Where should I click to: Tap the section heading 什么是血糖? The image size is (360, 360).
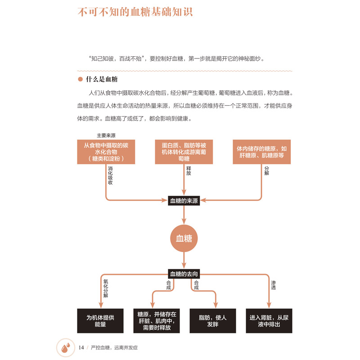pos(101,80)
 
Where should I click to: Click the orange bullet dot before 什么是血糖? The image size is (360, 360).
pos(81,80)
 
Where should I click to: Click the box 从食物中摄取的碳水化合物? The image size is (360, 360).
pos(106,152)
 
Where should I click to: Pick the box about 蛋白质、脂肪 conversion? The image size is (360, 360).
pos(184,152)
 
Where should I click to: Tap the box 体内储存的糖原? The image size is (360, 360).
pos(261,152)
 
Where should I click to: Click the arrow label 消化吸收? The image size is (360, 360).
pos(110,176)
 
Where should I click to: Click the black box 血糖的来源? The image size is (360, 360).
pos(184,201)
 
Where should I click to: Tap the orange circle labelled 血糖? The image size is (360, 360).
pos(184,239)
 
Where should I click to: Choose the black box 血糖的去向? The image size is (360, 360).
pos(184,274)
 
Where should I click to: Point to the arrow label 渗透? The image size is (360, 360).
pos(273,285)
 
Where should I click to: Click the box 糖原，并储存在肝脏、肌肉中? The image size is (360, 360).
pos(157,321)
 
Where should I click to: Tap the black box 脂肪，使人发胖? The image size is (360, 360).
pos(212,321)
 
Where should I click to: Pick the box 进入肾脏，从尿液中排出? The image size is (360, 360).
pos(268,321)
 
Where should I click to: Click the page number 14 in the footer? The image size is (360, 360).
pos(81,347)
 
